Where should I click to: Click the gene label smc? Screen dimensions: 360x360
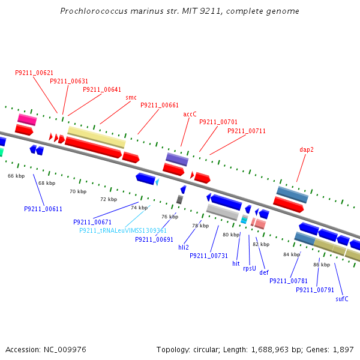tap(131, 97)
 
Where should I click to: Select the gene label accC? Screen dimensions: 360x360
tap(190, 114)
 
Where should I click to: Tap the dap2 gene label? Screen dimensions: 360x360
tap(307, 149)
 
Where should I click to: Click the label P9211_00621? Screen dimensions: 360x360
tap(34, 73)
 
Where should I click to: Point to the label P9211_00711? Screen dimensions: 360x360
tap(247, 131)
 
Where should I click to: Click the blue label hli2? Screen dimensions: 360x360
tap(184, 247)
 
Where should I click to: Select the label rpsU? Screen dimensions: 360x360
tap(250, 268)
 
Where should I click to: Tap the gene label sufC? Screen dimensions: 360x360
tap(342, 299)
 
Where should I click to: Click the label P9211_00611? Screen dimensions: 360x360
tap(43, 209)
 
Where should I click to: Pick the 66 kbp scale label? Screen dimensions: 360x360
tap(16, 176)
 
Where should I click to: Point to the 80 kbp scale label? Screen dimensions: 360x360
tap(231, 235)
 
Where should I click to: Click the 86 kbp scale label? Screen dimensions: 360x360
tap(322, 265)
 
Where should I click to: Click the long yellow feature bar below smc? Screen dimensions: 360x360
tap(96, 137)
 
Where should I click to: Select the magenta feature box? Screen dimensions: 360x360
tap(27, 119)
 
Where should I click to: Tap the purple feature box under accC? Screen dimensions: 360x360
tap(177, 159)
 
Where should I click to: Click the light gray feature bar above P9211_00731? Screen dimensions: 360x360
tap(223, 211)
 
